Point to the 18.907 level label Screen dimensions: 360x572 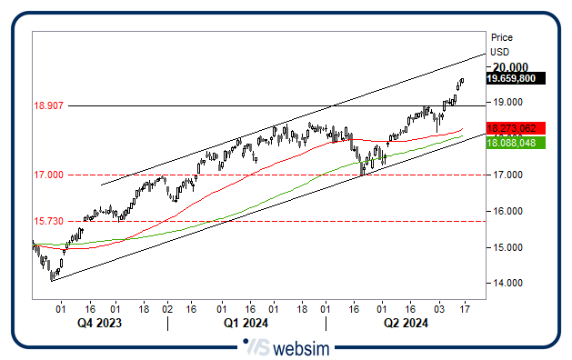click(x=47, y=106)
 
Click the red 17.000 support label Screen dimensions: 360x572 click(x=47, y=175)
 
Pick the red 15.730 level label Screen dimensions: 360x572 click(x=47, y=221)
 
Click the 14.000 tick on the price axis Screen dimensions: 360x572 click(x=507, y=283)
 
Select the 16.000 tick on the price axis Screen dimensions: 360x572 click(x=507, y=211)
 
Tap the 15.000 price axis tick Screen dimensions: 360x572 click(x=507, y=247)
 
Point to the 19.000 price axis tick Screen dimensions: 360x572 click(x=507, y=102)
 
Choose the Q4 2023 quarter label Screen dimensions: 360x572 click(x=98, y=322)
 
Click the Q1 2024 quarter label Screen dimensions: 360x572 click(x=246, y=322)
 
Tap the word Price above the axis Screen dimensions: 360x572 click(x=501, y=37)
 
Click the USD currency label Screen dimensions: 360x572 click(x=499, y=52)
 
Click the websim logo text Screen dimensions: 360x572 click(x=299, y=347)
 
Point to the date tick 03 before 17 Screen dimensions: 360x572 click(x=440, y=309)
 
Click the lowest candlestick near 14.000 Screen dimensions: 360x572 click(x=52, y=275)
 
